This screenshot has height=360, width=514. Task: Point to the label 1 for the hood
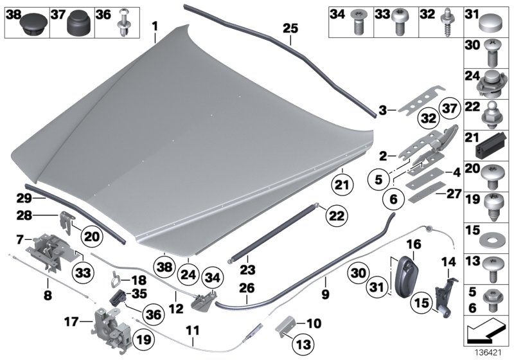point(155,25)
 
